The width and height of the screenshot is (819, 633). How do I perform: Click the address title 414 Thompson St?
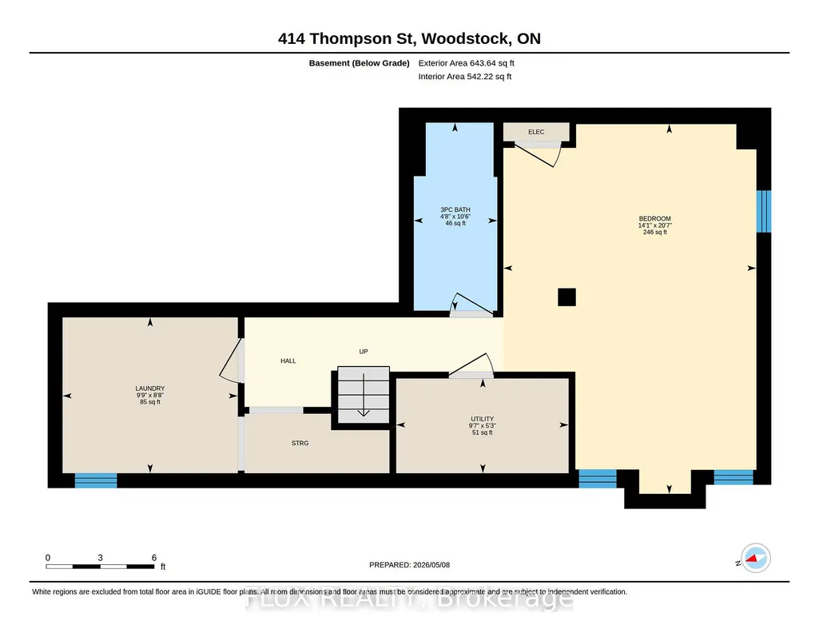click(346, 38)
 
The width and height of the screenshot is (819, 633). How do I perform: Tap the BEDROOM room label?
click(654, 219)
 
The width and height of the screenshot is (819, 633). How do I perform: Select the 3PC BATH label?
click(455, 210)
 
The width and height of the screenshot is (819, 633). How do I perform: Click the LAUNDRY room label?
click(150, 388)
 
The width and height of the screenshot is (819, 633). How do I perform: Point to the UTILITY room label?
click(482, 419)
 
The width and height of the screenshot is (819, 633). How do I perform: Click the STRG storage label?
click(300, 443)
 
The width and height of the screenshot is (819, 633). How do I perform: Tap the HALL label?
click(288, 361)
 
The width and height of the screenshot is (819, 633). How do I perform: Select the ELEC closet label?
click(536, 132)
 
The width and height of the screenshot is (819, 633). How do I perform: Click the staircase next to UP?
click(364, 395)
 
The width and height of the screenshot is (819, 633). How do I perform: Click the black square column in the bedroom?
click(567, 297)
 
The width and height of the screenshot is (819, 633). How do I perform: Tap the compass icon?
click(755, 559)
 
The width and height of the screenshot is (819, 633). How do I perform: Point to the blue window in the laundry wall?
click(96, 480)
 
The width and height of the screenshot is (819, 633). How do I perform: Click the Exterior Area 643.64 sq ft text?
click(466, 63)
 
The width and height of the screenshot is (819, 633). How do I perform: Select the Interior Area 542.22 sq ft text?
click(465, 76)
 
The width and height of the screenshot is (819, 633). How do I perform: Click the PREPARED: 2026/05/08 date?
click(409, 565)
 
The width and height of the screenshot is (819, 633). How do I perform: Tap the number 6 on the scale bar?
click(154, 558)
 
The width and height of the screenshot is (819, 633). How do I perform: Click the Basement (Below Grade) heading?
click(359, 63)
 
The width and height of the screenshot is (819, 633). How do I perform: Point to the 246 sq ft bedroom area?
click(654, 233)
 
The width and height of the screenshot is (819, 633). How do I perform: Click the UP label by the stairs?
click(364, 352)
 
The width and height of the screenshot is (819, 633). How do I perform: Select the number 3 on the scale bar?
click(100, 558)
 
